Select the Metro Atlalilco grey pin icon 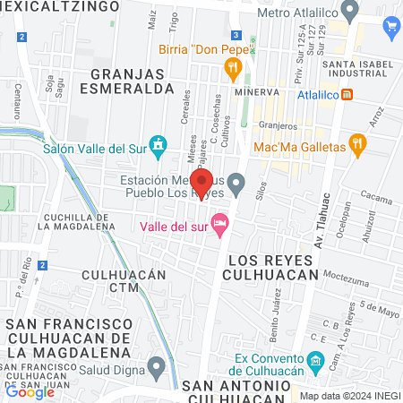350,12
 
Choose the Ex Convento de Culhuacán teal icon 314,363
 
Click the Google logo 30,391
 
